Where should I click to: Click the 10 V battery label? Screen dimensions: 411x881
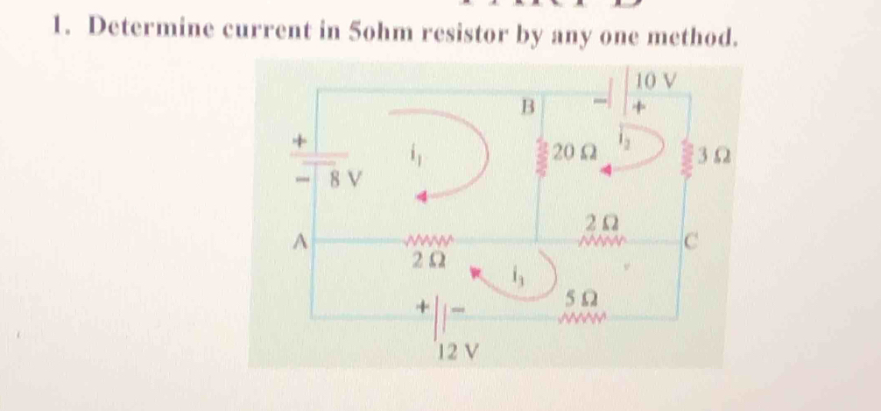(x=657, y=81)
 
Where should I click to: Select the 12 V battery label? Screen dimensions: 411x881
(x=461, y=352)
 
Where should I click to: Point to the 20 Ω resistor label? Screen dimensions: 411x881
(x=575, y=152)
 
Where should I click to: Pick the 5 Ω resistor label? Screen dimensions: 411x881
(x=580, y=297)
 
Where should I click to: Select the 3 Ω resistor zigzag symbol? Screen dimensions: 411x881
(x=692, y=158)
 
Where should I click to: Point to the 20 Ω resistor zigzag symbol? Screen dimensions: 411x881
(x=545, y=156)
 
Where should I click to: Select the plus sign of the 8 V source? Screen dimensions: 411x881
(x=301, y=140)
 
